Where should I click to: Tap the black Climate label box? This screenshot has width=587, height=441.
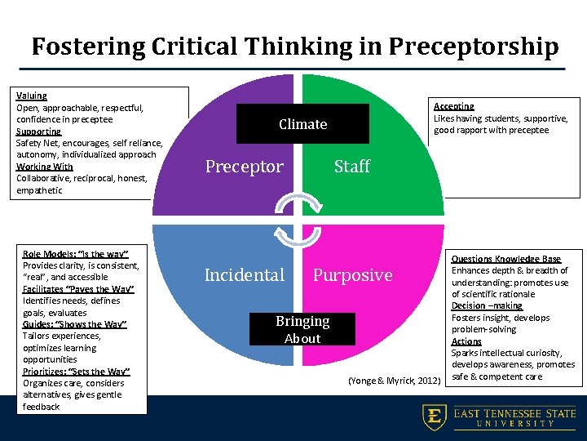click(302, 124)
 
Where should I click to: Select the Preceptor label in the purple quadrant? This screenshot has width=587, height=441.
click(244, 167)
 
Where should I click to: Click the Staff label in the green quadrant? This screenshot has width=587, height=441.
click(352, 167)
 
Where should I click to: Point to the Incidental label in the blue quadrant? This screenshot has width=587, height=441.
click(245, 275)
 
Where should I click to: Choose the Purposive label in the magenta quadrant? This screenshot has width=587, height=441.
click(353, 275)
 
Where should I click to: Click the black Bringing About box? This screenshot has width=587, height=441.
click(302, 329)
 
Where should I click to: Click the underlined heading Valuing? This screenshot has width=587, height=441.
click(32, 96)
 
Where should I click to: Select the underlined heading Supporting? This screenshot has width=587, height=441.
click(38, 131)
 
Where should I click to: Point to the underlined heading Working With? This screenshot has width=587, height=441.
click(44, 167)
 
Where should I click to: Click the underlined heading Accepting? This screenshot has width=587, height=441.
click(453, 106)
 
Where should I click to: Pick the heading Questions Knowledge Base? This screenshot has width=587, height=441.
click(506, 259)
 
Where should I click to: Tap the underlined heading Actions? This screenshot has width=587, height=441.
click(466, 341)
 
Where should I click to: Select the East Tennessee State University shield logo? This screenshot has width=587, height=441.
click(434, 417)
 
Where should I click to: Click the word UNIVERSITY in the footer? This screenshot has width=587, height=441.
click(515, 424)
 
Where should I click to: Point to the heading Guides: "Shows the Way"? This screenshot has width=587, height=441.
click(74, 324)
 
